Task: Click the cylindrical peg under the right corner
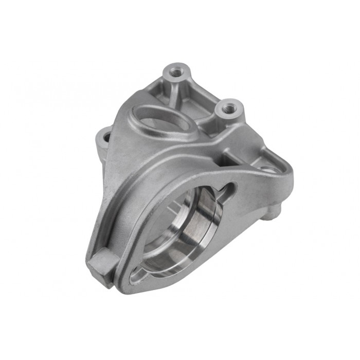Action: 268,214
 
